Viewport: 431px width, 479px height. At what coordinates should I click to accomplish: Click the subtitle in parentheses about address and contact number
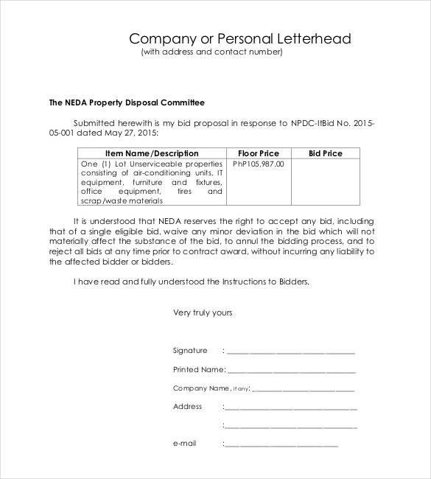pyautogui.click(x=211, y=52)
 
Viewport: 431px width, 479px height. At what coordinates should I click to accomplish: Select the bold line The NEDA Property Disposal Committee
pyautogui.click(x=126, y=102)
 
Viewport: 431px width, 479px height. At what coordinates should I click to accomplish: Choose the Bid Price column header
pyautogui.click(x=325, y=153)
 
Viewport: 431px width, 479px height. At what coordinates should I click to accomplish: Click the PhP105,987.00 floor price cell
pyautogui.click(x=259, y=164)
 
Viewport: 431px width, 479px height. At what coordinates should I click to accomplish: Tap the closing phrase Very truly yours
pyautogui.click(x=203, y=312)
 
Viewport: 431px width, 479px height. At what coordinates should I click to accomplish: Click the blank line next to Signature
pyautogui.click(x=290, y=352)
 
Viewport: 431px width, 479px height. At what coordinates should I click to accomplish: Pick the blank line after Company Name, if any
pyautogui.click(x=304, y=389)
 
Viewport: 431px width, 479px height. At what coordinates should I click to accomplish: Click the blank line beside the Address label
pyautogui.click(x=292, y=408)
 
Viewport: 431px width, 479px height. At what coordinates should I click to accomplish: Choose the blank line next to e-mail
pyautogui.click(x=281, y=445)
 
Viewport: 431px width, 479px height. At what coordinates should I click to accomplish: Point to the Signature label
pyautogui.click(x=190, y=351)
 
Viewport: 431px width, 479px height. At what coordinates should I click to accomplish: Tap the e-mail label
pyautogui.click(x=184, y=444)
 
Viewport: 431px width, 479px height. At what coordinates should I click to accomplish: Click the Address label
pyautogui.click(x=187, y=406)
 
